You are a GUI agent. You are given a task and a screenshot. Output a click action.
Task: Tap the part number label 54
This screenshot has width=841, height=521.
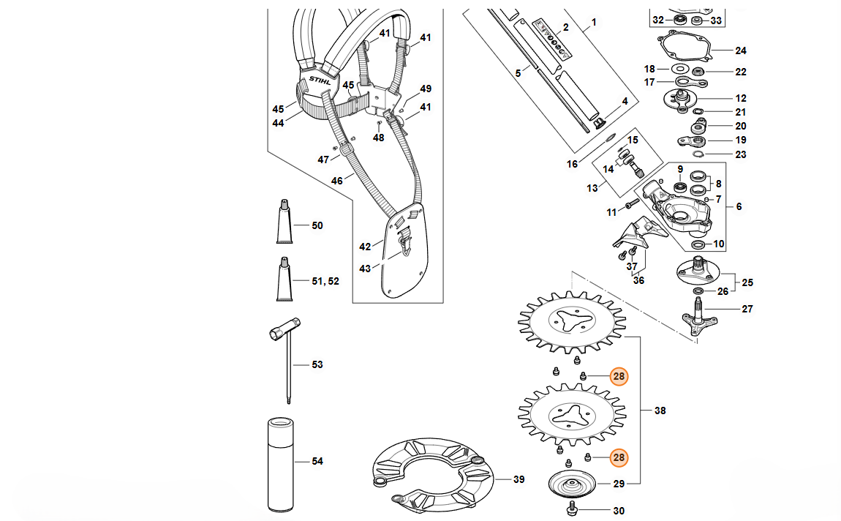point(317,462)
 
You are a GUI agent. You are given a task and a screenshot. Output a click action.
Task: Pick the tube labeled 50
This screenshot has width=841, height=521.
point(284,222)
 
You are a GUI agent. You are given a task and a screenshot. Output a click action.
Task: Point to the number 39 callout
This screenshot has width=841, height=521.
point(518,480)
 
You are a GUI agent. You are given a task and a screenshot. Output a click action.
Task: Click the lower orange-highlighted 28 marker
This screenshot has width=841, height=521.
point(619,458)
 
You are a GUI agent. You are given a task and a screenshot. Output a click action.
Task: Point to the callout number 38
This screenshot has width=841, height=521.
point(660,411)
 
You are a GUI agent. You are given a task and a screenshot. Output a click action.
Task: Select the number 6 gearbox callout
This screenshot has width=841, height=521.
point(739,207)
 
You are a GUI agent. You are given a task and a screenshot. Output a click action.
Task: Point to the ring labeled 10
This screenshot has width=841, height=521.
point(698,244)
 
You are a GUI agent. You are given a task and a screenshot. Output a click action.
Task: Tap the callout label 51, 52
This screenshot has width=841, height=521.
point(325,281)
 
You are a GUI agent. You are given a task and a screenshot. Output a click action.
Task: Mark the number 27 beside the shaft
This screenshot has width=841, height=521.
point(747,310)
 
